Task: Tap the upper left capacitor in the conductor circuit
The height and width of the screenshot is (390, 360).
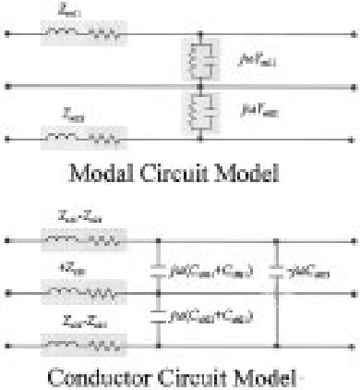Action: click(x=154, y=269)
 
